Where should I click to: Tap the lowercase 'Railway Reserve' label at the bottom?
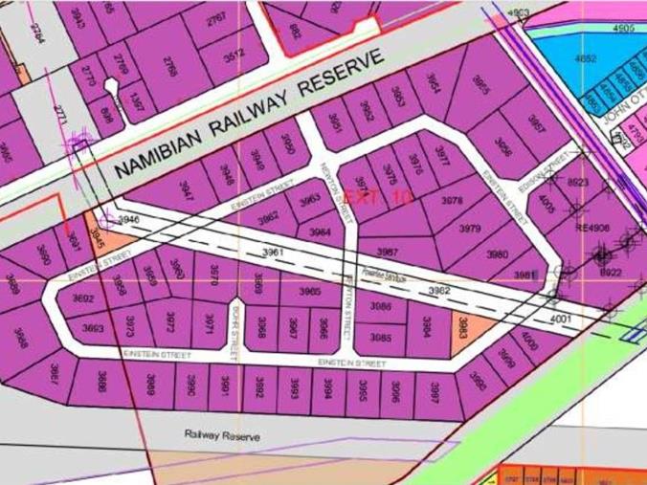[x=221, y=435]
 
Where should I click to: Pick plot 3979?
[x=469, y=229]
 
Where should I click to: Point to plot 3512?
[x=234, y=55]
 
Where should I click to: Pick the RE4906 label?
[x=591, y=228]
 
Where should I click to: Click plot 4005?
[x=546, y=203]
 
